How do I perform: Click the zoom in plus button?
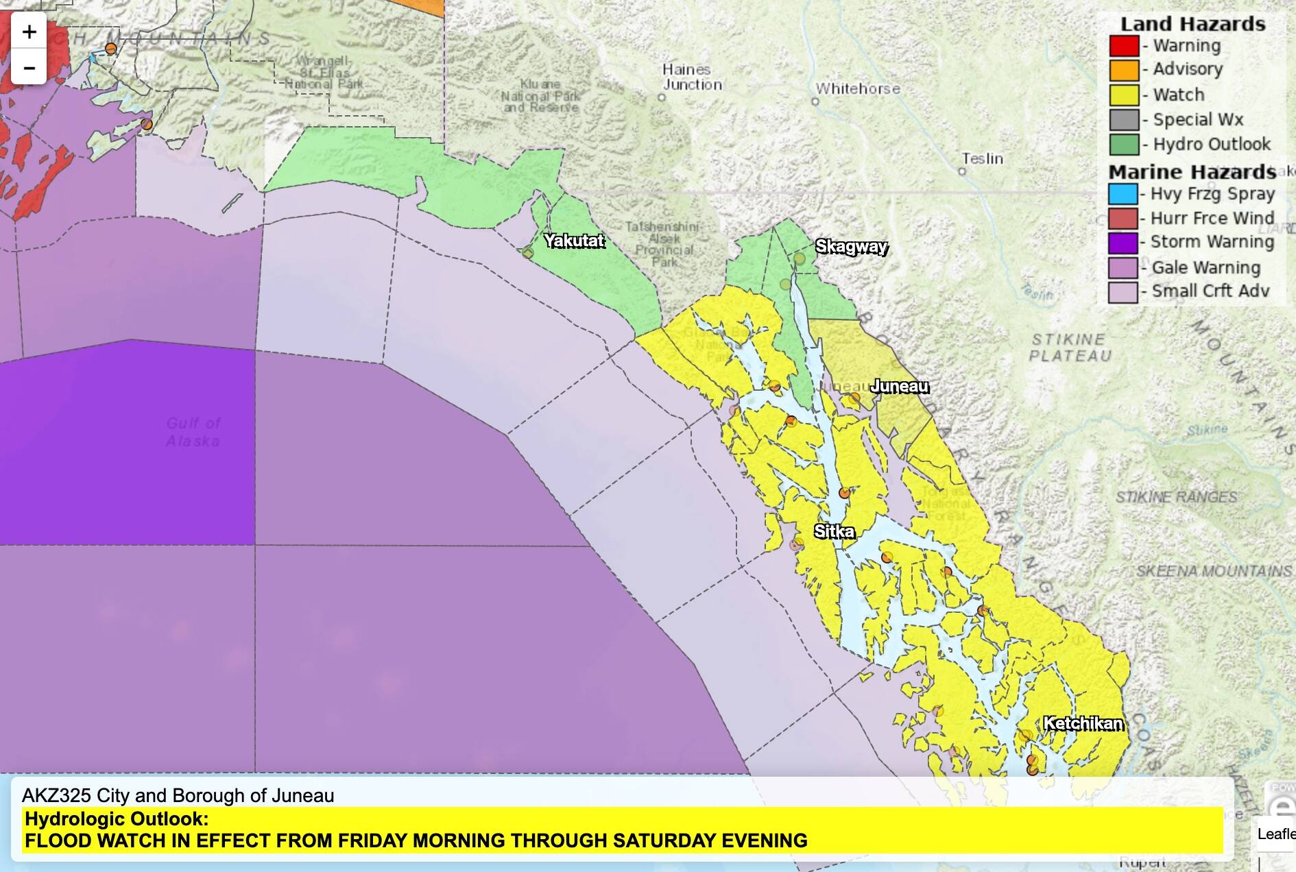click(x=29, y=32)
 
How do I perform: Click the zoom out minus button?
click(x=29, y=68)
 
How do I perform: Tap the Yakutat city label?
click(x=575, y=241)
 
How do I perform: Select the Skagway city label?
click(x=851, y=247)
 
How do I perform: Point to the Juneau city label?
click(x=899, y=387)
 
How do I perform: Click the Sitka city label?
click(x=834, y=531)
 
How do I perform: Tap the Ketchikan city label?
click(x=1083, y=723)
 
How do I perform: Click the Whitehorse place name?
click(x=858, y=88)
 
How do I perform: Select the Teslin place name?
click(x=982, y=158)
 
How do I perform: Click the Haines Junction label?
click(x=692, y=77)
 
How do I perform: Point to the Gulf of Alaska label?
click(x=193, y=432)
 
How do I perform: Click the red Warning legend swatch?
click(x=1124, y=46)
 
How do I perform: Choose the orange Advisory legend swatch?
click(x=1124, y=70)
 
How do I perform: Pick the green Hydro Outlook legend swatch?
click(x=1124, y=145)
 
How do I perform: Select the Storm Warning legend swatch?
click(x=1123, y=243)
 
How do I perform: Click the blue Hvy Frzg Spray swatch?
click(x=1123, y=194)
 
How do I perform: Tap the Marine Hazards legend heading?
click(x=1192, y=171)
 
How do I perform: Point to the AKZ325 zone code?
click(x=56, y=795)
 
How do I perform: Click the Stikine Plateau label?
click(x=1069, y=348)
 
